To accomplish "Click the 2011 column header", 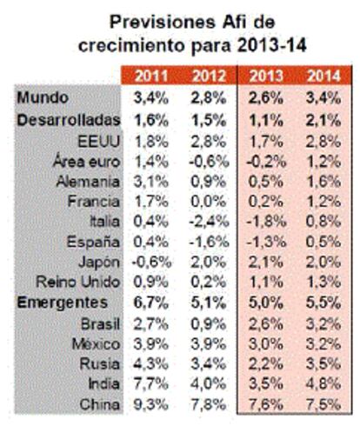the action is pyautogui.click(x=151, y=76).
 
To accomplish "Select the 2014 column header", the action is pyautogui.click(x=323, y=76).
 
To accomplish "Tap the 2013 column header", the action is pyautogui.click(x=266, y=76).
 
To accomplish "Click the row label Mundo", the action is pyautogui.click(x=43, y=97).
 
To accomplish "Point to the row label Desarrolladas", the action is pyautogui.click(x=69, y=120).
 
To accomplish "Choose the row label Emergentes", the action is pyautogui.click(x=63, y=303).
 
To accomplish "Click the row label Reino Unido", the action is pyautogui.click(x=77, y=282).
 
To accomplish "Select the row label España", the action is pyautogui.click(x=93, y=242).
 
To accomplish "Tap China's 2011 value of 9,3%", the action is pyautogui.click(x=151, y=404).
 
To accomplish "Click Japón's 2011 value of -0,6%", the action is pyautogui.click(x=151, y=262).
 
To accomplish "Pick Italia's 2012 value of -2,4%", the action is pyautogui.click(x=209, y=222).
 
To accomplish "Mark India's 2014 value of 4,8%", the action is pyautogui.click(x=323, y=383).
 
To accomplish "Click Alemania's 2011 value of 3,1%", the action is pyautogui.click(x=151, y=182).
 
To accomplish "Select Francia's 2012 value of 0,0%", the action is pyautogui.click(x=209, y=202).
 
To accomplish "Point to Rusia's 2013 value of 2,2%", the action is pyautogui.click(x=266, y=364).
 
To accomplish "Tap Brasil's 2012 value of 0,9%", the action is pyautogui.click(x=209, y=324).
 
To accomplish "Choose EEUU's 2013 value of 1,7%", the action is pyautogui.click(x=266, y=142).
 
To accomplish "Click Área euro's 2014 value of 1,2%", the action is pyautogui.click(x=323, y=162).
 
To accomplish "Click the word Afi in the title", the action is pyautogui.click(x=234, y=22).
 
